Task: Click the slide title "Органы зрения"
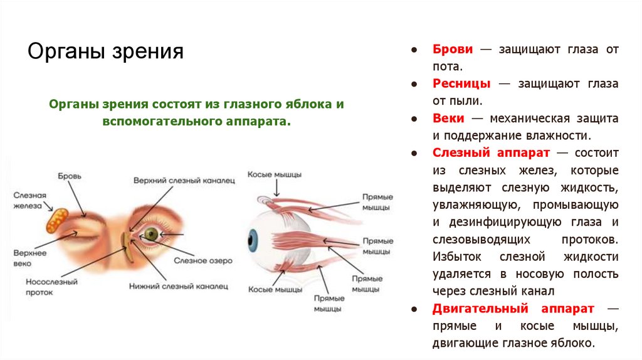tap(105, 51)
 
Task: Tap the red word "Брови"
tap(452, 49)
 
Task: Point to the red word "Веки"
tap(448, 118)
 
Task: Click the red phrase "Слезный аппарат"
tap(491, 152)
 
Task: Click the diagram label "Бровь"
tap(70, 175)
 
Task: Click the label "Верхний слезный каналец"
tap(184, 181)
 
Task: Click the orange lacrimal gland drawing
tap(56, 220)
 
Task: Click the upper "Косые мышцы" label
tap(275, 174)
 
